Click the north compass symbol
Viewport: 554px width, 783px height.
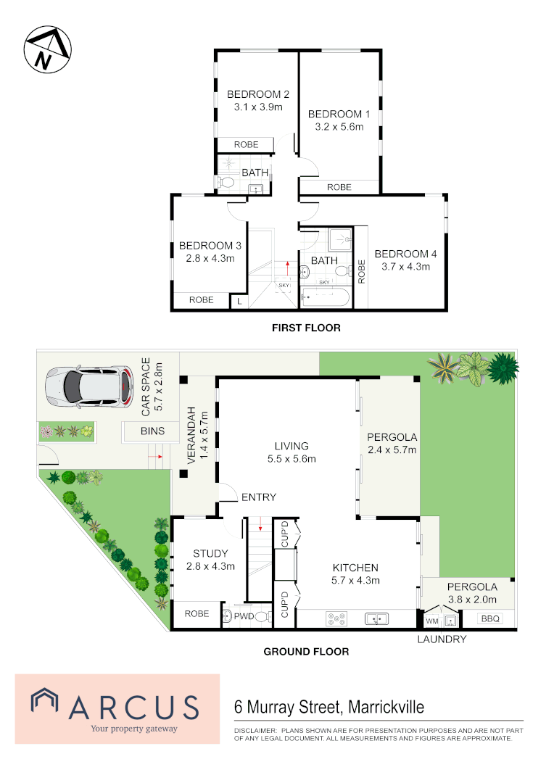(47, 49)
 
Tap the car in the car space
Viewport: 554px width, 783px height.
(89, 386)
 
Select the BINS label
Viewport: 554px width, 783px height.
(152, 431)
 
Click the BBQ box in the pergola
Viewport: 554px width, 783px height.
(490, 618)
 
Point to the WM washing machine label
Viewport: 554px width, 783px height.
(432, 621)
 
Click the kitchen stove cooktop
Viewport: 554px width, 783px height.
(336, 618)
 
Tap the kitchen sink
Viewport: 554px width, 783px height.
(377, 619)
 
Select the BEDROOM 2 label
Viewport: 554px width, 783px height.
(257, 94)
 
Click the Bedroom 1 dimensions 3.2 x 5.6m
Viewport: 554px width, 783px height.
(339, 127)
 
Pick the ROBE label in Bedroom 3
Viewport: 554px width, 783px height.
(202, 300)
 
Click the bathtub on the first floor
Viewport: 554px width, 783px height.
(325, 297)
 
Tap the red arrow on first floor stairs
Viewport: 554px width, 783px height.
(287, 268)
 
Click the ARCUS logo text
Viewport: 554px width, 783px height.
(134, 708)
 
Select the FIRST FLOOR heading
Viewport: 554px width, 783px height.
(306, 328)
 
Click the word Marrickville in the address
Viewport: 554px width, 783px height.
(386, 708)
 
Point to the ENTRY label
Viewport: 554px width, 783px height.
(259, 497)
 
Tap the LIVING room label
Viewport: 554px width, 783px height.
(292, 446)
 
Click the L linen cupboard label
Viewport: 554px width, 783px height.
(239, 302)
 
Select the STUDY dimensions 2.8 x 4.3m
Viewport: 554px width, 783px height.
(210, 566)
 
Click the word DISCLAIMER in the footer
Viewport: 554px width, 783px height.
(255, 731)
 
